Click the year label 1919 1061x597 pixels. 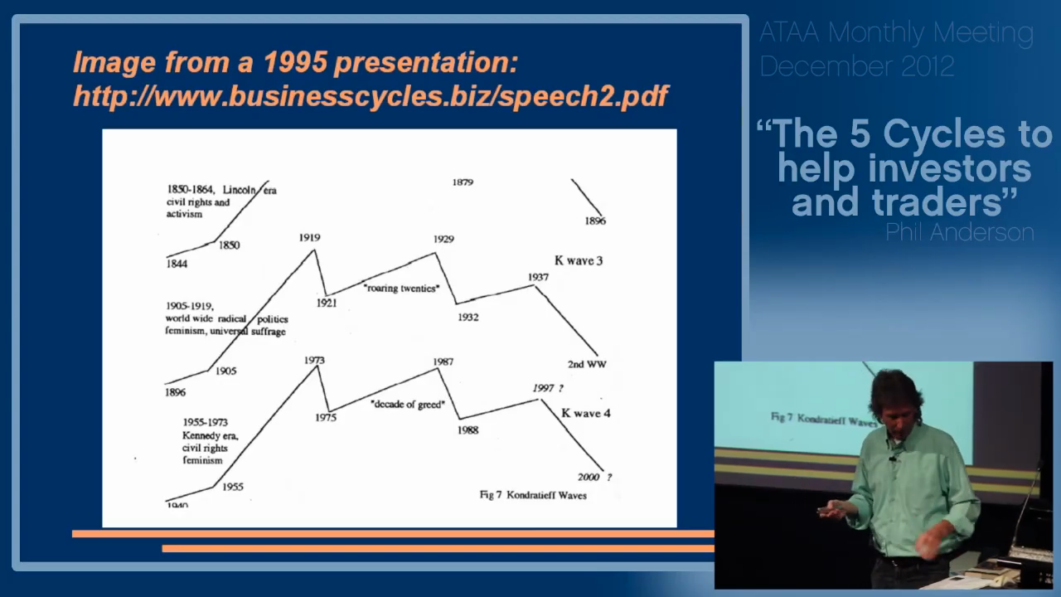(x=309, y=238)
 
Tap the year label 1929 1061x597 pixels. (x=443, y=239)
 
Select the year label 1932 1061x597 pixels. (x=468, y=317)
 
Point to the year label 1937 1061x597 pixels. (x=538, y=277)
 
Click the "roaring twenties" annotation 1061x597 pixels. (x=401, y=288)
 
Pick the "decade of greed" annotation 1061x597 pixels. (x=408, y=404)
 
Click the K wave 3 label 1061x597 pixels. (x=579, y=260)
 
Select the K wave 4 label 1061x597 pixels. (x=585, y=413)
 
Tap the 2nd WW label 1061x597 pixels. (x=587, y=364)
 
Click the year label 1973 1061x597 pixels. (x=314, y=361)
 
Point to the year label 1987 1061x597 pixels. (x=443, y=362)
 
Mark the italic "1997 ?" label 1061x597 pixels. (x=548, y=388)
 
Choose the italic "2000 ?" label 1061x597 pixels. (x=595, y=477)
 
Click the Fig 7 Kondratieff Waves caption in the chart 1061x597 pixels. (x=533, y=495)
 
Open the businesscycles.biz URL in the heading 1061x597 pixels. (x=371, y=96)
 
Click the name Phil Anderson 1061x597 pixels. (x=959, y=232)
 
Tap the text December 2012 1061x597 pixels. (x=857, y=66)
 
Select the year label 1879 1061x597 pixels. (x=463, y=182)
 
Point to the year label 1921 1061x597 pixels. (x=326, y=303)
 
